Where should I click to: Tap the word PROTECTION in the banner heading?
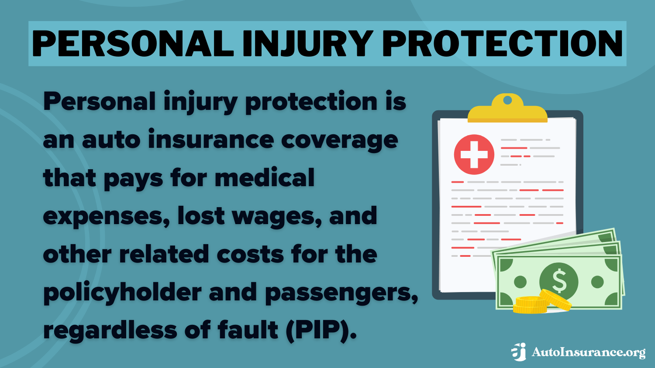502,44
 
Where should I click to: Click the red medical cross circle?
474,154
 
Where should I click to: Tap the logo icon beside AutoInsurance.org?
519,352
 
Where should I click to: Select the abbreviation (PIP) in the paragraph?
321,330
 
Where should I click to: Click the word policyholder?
122,293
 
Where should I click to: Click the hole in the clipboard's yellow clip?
507,101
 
